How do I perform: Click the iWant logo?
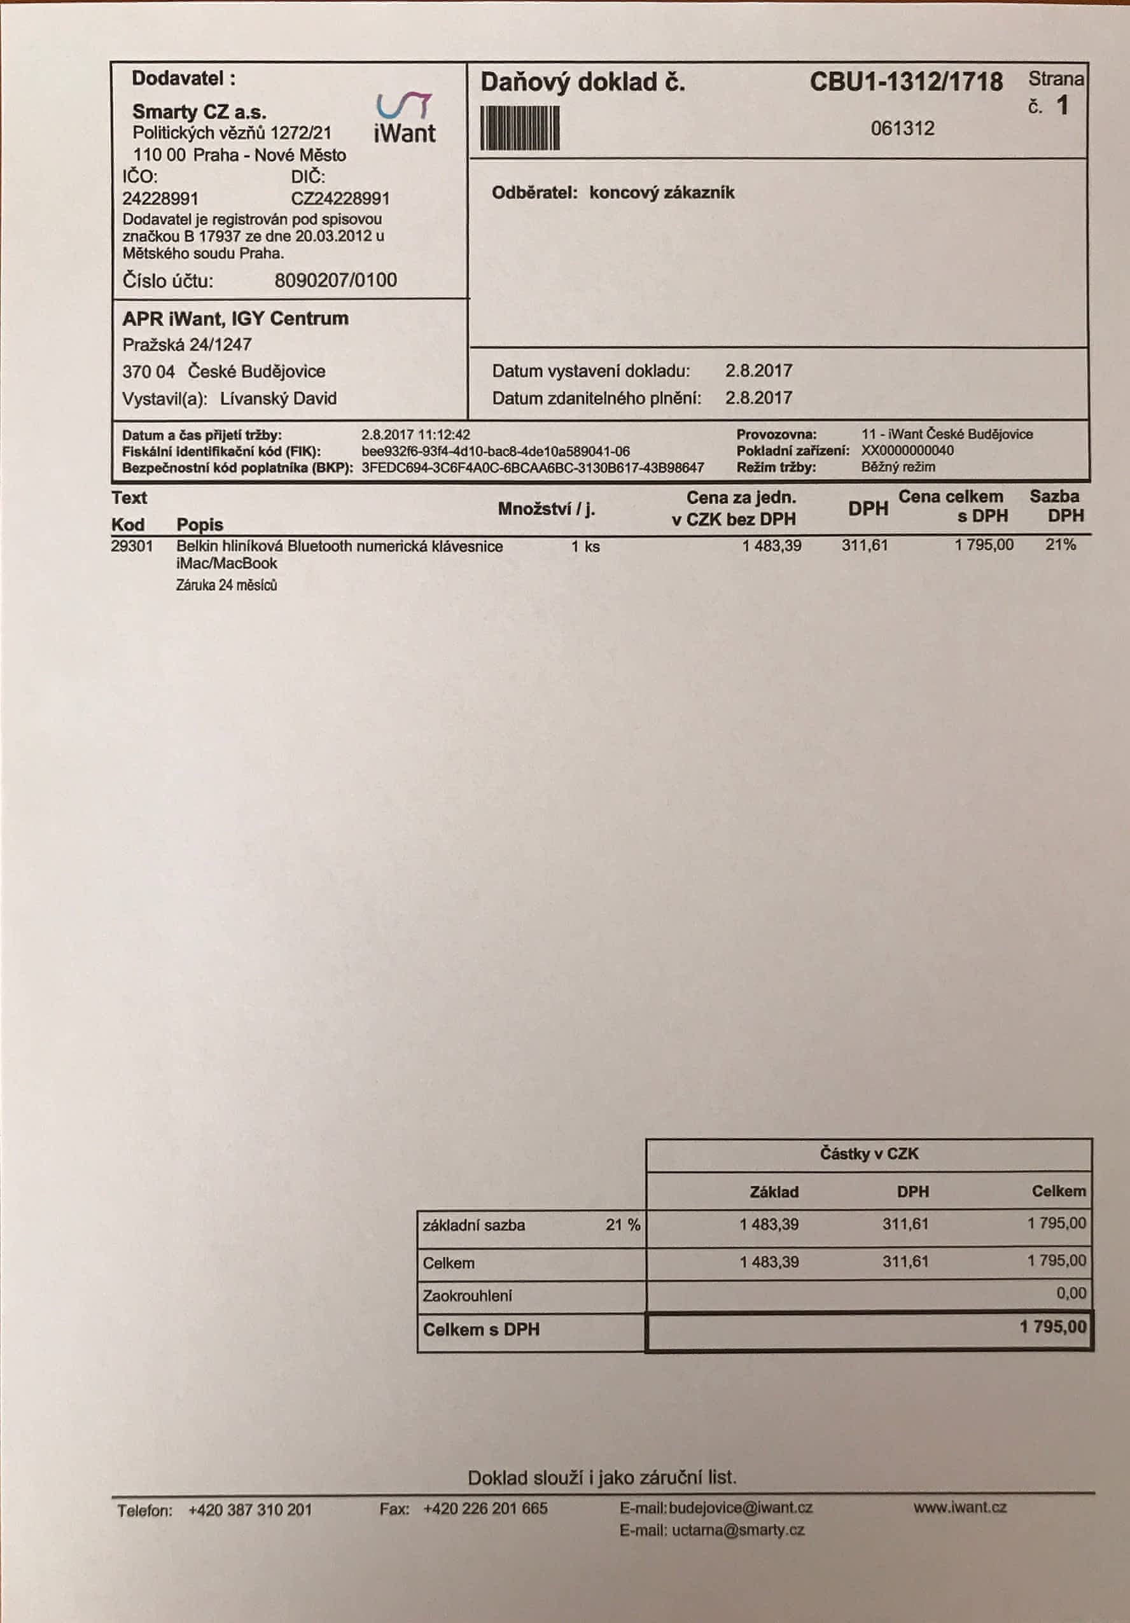[x=405, y=118]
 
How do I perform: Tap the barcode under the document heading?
[x=520, y=128]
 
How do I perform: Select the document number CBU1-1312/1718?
[x=906, y=82]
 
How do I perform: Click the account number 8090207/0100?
[x=335, y=281]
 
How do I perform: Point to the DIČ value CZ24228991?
[x=340, y=199]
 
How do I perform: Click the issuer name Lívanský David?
[x=278, y=399]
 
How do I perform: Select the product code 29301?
[x=132, y=547]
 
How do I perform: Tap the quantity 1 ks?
[x=585, y=547]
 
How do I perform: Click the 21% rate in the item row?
[x=1061, y=545]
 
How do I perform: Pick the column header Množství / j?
[x=546, y=509]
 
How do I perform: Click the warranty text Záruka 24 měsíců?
[x=227, y=585]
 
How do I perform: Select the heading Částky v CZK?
[x=869, y=1153]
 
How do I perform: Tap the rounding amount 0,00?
[x=1071, y=1293]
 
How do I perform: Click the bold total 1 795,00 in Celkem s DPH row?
[x=1053, y=1327]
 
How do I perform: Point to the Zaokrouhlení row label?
[x=467, y=1296]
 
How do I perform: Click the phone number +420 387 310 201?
[x=249, y=1510]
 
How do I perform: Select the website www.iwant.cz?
[x=959, y=1507]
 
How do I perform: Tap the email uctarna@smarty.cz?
[x=737, y=1529]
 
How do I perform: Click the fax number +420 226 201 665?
[x=485, y=1508]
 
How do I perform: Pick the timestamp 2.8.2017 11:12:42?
[x=415, y=435]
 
